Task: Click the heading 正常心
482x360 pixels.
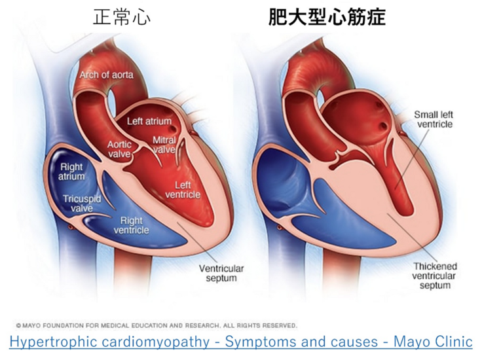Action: [x=120, y=16]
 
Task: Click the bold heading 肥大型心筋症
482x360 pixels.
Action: [x=327, y=16]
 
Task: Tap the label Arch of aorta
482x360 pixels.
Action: [x=106, y=75]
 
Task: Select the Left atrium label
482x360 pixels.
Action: [x=149, y=121]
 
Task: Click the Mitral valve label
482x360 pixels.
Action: [x=164, y=145]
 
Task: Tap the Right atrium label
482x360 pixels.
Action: [x=72, y=171]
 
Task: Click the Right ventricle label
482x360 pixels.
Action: [x=131, y=225]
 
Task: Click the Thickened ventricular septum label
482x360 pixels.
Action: [x=435, y=276]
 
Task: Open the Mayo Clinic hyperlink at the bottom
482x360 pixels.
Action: [x=241, y=342]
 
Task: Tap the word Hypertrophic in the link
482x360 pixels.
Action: [x=51, y=342]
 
